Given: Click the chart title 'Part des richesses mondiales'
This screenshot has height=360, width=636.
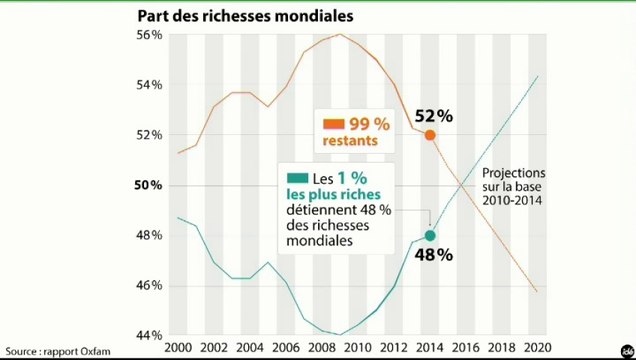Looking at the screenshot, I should pyautogui.click(x=245, y=17).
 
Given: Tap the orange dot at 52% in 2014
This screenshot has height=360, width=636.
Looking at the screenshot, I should pyautogui.click(x=430, y=135).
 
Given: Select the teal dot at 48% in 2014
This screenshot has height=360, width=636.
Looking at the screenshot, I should pyautogui.click(x=430, y=236).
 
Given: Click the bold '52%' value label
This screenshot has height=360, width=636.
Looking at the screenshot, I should pyautogui.click(x=434, y=116).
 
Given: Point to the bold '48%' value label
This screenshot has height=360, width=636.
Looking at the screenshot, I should pyautogui.click(x=434, y=255).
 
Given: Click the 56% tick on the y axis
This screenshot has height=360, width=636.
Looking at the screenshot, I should pyautogui.click(x=149, y=35).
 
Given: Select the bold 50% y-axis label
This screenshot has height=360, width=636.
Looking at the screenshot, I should pyautogui.click(x=149, y=185).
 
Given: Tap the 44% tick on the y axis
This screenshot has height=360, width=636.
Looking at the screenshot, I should pyautogui.click(x=149, y=335).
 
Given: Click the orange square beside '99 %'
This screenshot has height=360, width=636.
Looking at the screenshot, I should pyautogui.click(x=333, y=125).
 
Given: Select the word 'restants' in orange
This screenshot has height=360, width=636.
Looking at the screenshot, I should pyautogui.click(x=350, y=141).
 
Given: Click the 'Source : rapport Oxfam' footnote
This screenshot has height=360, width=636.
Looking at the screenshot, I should pyautogui.click(x=56, y=351).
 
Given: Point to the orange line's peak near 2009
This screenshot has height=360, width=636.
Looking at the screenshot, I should pyautogui.click(x=339, y=35).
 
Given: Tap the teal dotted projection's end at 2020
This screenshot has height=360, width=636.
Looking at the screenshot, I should pyautogui.click(x=538, y=76).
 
